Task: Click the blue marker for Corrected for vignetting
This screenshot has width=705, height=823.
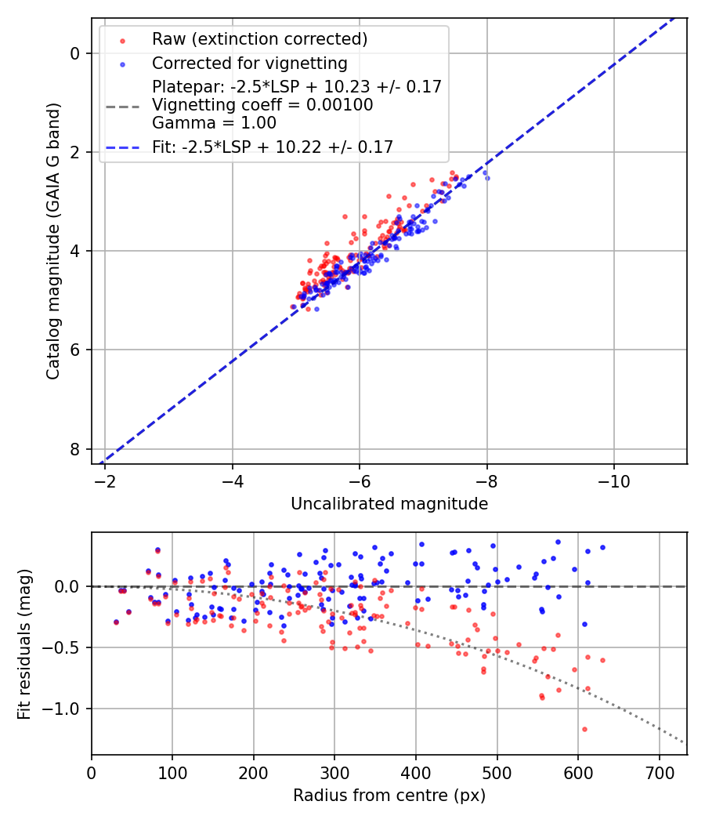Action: [122, 63]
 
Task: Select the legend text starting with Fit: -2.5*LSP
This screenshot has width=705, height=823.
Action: [273, 147]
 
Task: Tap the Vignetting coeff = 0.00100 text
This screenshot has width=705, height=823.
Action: [262, 105]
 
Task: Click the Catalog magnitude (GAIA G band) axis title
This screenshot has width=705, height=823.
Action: [53, 240]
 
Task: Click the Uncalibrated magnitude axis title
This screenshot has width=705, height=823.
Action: [389, 504]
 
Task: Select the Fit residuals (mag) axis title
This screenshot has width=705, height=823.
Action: [24, 644]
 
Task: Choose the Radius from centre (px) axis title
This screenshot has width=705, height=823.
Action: [389, 796]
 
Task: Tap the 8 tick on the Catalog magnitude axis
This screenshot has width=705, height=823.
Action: [76, 449]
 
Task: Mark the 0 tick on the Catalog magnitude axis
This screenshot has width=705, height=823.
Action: [76, 53]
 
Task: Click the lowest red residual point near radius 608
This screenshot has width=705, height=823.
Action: [584, 729]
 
